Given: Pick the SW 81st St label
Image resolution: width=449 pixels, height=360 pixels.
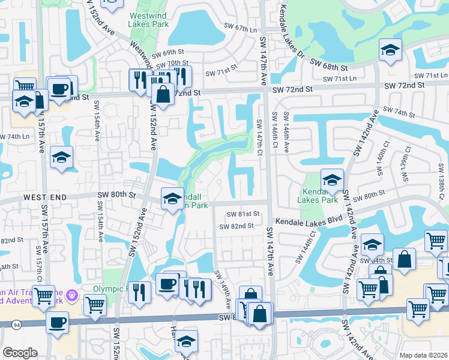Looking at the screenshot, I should pyautogui.click(x=243, y=214).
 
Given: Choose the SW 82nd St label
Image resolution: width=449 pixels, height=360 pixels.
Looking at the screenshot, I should pyautogui.click(x=235, y=226).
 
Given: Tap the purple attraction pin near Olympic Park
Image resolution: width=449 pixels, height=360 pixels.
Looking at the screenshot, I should pyautogui.click(x=73, y=295).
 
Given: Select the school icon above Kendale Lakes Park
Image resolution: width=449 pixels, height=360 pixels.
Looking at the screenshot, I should pyautogui.click(x=332, y=178).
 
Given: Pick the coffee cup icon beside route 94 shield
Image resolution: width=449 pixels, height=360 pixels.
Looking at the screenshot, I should pyautogui.click(x=57, y=322).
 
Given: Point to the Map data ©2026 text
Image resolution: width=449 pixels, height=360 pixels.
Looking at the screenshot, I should pyautogui.click(x=423, y=355).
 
